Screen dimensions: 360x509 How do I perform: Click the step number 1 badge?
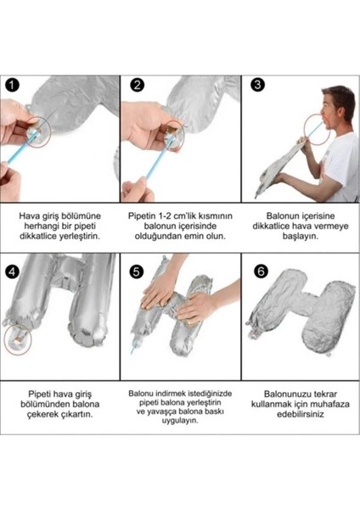click(13, 85)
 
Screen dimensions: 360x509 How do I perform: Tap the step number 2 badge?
click(137, 85)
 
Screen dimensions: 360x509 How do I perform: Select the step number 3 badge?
click(257, 85)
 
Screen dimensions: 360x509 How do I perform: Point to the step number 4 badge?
click(13, 271)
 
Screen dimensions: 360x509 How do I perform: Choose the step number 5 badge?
click(137, 271)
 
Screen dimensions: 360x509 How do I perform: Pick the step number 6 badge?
click(261, 271)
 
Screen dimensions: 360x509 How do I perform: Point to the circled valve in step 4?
click(18, 338)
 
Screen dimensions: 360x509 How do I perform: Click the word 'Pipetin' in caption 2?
click(142, 215)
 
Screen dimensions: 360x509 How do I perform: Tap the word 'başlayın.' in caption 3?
click(301, 236)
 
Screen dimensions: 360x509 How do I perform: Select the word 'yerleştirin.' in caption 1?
click(79, 236)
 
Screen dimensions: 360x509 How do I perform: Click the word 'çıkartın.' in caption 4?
click(77, 414)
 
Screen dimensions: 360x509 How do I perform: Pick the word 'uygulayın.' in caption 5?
click(180, 421)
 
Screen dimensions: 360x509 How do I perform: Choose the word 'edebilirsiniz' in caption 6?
click(301, 414)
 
